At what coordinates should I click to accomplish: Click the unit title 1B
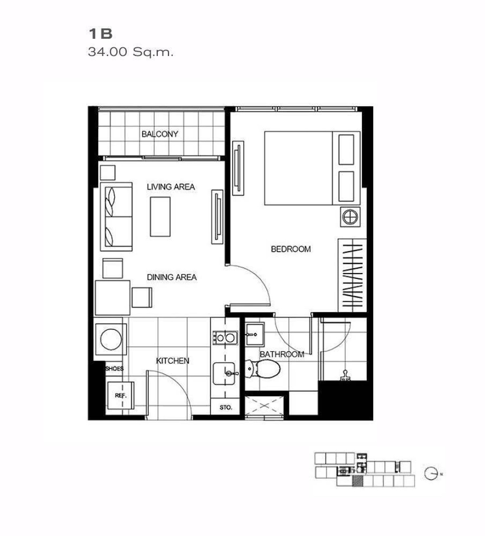tap(100, 34)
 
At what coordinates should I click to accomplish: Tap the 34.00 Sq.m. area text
tap(131, 52)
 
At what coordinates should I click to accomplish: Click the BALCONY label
tap(160, 134)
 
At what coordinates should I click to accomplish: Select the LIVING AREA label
tap(171, 187)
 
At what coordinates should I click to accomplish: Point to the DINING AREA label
tap(171, 277)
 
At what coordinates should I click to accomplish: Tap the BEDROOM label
tap(291, 249)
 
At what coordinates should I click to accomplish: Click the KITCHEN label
tap(173, 361)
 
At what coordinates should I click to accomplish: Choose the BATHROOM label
tap(282, 354)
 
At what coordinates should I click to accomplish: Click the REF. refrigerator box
tap(120, 395)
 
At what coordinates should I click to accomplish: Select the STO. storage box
tap(226, 407)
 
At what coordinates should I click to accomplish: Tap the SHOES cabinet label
tap(114, 369)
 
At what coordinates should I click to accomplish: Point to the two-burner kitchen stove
tap(225, 338)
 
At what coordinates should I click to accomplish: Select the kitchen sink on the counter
tap(224, 373)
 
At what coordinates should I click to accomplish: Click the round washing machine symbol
tap(111, 339)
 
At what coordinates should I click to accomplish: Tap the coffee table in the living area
tap(160, 216)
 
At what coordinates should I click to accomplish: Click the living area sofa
tap(117, 217)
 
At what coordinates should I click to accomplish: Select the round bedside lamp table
tap(350, 217)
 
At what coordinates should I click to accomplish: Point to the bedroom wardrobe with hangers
tap(352, 275)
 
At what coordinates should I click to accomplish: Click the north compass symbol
tap(431, 473)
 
